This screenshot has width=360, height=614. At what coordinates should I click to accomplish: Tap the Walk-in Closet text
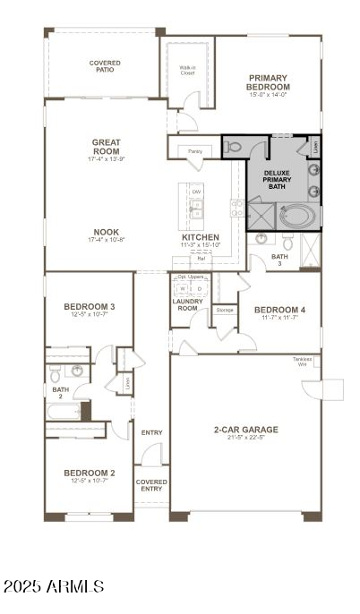187,71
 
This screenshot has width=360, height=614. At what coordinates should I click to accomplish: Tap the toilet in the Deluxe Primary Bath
234,147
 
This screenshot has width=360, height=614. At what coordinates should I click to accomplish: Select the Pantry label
194,152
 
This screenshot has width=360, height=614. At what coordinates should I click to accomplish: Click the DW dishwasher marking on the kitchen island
195,192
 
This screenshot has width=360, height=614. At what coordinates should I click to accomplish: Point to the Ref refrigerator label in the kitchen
201,260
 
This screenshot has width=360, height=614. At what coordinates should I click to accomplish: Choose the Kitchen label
201,237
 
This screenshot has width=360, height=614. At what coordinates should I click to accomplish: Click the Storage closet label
224,310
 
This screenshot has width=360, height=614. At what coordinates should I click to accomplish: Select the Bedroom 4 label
279,310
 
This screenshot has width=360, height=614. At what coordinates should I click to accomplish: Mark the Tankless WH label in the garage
302,362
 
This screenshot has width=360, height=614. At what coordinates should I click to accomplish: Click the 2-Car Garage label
245,430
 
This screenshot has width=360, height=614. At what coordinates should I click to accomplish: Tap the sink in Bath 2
78,371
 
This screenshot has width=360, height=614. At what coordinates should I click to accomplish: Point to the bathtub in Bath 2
63,412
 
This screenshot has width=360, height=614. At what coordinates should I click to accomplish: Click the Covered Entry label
151,484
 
